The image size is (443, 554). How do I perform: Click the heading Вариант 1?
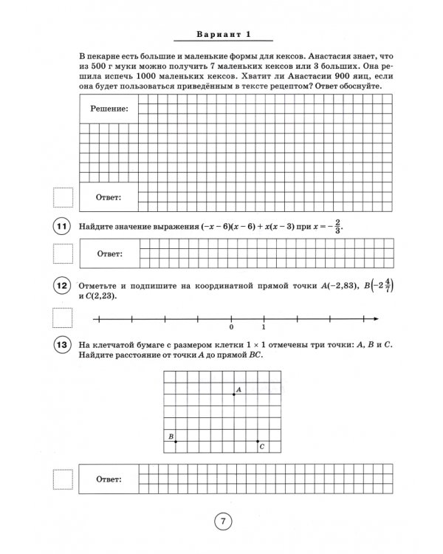[221, 34]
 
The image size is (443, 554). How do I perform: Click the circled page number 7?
[222, 521]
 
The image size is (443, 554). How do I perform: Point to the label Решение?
[109, 109]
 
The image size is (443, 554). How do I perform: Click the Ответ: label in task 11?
[109, 253]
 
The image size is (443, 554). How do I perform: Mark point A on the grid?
[234, 394]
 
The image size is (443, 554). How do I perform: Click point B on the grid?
[175, 441]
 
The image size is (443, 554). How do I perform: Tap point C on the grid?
[258, 441]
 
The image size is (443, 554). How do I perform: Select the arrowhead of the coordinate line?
[376, 318]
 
